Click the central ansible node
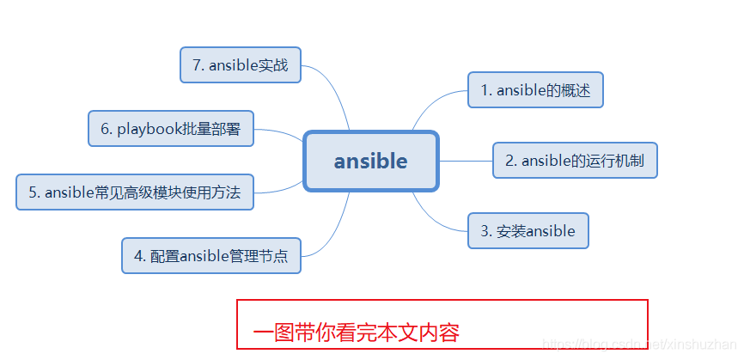pos(371,161)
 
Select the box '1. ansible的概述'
pos(535,90)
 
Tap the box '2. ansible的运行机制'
pos(575,161)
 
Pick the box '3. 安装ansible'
pos(528,231)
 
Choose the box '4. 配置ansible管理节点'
pos(211,256)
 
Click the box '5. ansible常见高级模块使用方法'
pos(135,192)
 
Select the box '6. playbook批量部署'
pos(171,129)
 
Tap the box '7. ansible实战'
pos(241,65)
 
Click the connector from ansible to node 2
pos(466,161)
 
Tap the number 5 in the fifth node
pos(33,192)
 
